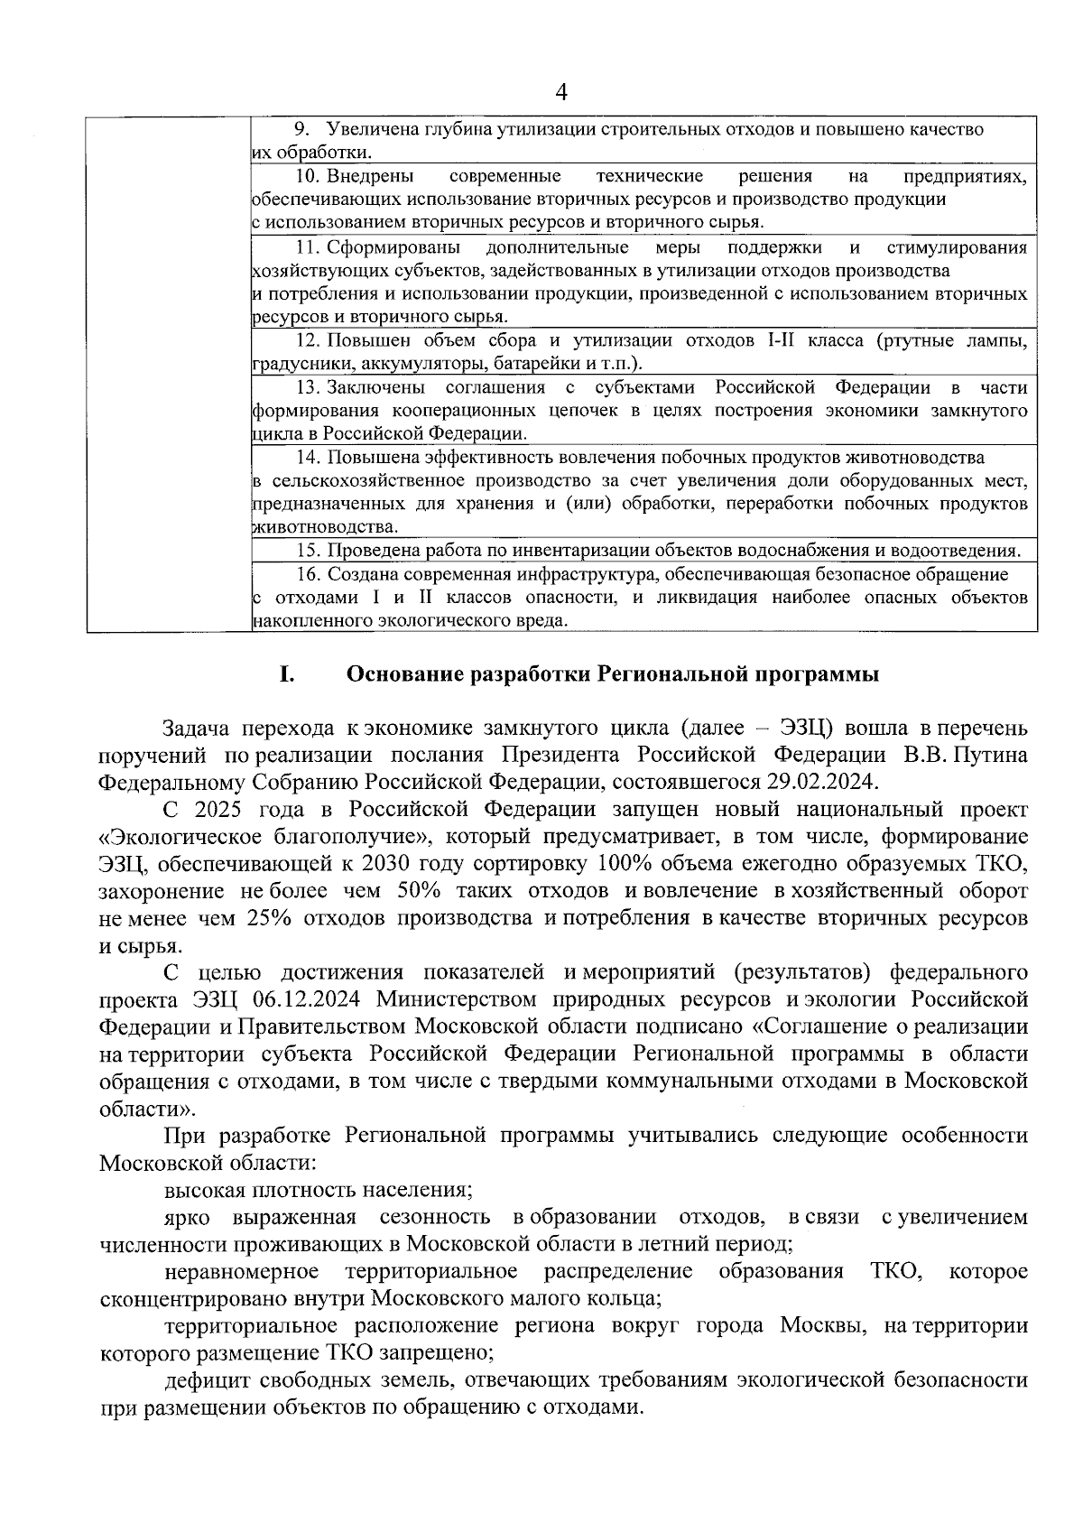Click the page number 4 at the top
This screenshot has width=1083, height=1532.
(x=562, y=92)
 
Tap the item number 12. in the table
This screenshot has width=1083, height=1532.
(x=309, y=341)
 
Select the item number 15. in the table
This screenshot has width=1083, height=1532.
(x=309, y=551)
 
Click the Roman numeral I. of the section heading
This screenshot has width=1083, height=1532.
(x=287, y=675)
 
